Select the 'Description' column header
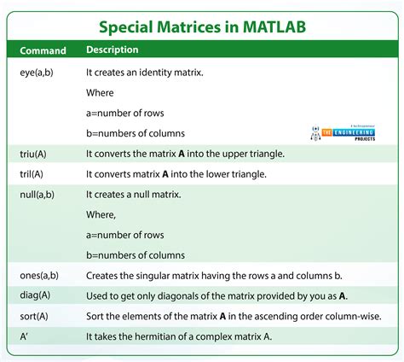(x=113, y=50)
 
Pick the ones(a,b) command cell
(x=39, y=275)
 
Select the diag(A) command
(x=33, y=295)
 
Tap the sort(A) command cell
(x=32, y=316)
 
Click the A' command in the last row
(x=25, y=336)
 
